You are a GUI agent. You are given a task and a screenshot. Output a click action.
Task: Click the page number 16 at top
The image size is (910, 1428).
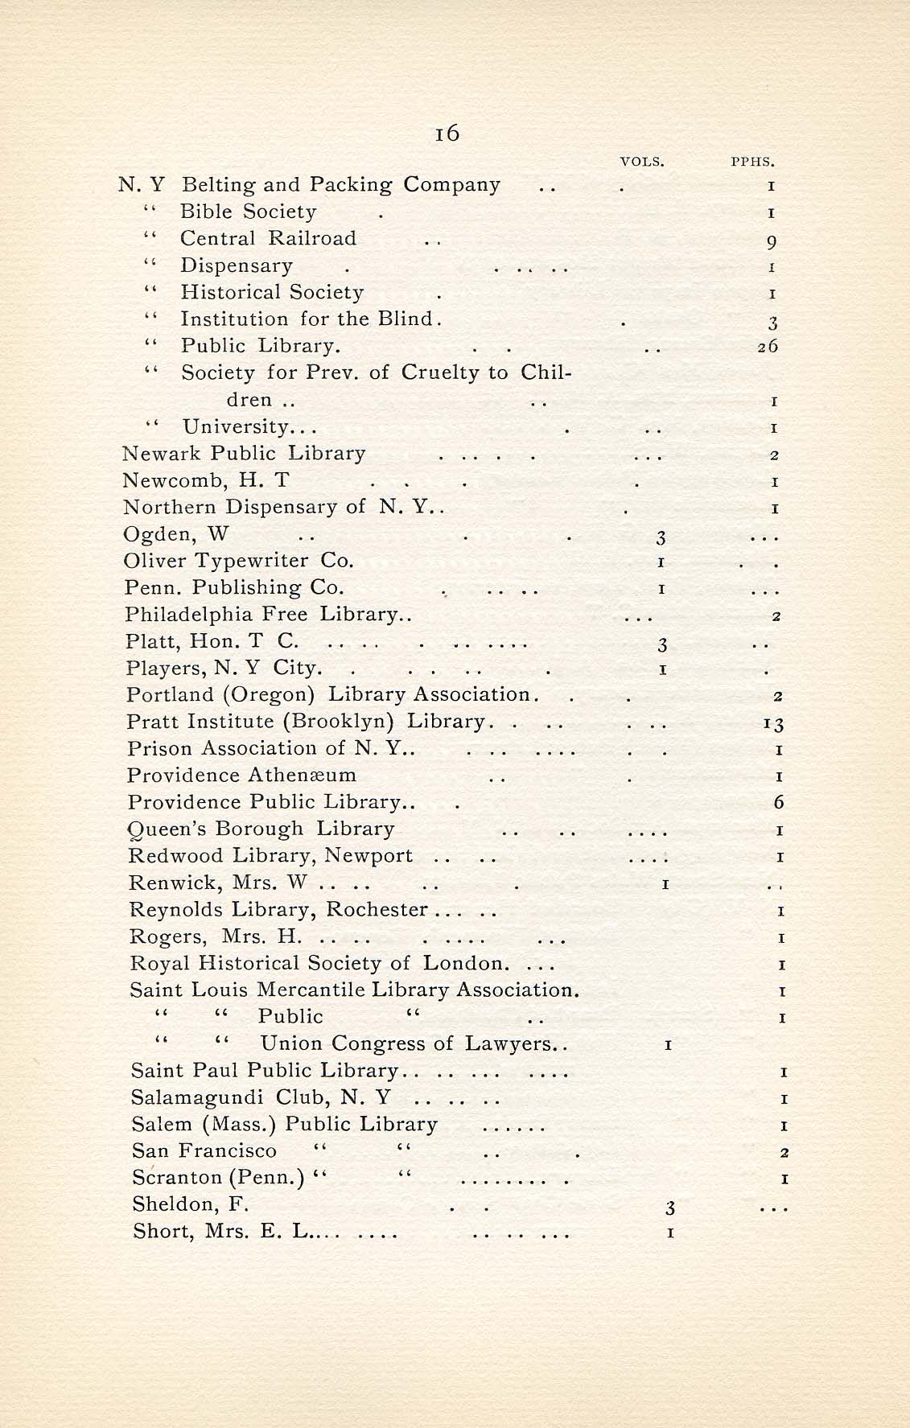click(x=447, y=133)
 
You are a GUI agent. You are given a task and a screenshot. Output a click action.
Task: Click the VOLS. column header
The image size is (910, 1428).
click(x=642, y=162)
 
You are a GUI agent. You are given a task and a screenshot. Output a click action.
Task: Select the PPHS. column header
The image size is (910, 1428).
click(x=752, y=162)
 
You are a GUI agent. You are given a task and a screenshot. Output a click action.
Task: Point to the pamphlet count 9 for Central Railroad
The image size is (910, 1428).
click(x=772, y=241)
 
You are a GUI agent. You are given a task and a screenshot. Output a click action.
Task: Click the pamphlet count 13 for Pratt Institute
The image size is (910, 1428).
click(x=773, y=724)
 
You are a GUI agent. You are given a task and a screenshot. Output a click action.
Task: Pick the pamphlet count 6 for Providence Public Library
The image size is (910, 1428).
click(x=778, y=803)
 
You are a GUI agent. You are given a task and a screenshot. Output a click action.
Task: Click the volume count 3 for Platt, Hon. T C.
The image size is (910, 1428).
click(x=662, y=644)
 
